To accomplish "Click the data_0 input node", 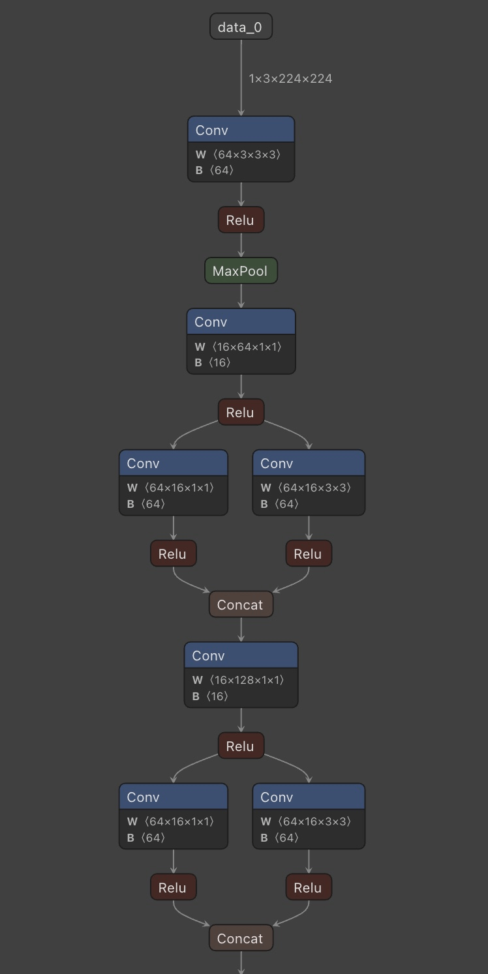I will coord(241,27).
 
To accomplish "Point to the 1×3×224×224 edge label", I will coord(290,79).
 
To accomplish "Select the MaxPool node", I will coord(241,271).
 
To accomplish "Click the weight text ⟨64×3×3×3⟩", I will coord(247,155).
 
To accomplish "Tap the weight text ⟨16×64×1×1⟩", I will coord(247,347).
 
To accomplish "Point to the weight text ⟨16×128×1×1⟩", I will coord(247,680).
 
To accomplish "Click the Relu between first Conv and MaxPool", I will coord(241,220).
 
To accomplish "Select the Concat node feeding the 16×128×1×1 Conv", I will coord(241,605).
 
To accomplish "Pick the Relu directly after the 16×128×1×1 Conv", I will coord(241,746).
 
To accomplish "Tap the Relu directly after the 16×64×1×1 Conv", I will coord(241,413).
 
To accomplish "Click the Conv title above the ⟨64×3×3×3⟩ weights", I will coord(212,130).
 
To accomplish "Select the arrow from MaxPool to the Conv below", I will coord(241,297).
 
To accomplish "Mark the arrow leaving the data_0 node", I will coord(241,78).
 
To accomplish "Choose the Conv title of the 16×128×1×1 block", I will coord(209,656).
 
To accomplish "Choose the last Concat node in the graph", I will coord(241,939).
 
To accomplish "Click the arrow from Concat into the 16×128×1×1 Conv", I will coord(241,630).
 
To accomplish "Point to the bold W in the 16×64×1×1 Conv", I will coord(200,347).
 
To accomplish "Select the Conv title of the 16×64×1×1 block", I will coord(211,322).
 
